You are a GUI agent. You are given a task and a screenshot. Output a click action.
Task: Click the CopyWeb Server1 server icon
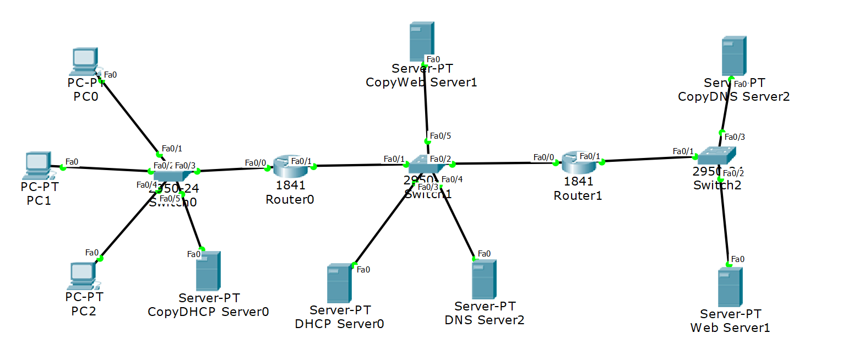tap(422, 41)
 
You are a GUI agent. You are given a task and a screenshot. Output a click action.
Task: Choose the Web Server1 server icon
tap(730, 287)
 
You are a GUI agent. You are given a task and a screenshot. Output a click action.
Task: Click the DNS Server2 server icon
tap(484, 279)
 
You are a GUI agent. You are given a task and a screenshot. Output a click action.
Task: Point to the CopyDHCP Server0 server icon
tap(208, 271)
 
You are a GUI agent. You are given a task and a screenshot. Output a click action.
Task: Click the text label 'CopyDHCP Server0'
tap(208, 312)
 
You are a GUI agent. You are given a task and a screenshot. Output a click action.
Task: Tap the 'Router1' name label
tap(578, 196)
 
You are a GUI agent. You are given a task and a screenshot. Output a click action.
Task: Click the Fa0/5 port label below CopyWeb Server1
tap(440, 135)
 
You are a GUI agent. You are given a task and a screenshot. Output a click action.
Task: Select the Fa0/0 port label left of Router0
tap(256, 163)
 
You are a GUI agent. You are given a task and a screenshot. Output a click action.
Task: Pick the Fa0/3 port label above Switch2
tap(735, 137)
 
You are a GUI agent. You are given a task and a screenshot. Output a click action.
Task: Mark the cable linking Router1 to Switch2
tap(650, 160)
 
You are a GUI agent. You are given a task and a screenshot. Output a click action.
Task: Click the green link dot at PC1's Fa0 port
tap(63, 167)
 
